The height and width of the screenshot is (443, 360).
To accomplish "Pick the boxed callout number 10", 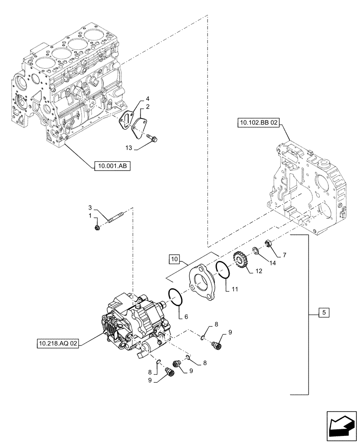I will [x=174, y=258].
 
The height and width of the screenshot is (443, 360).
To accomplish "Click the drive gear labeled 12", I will [x=240, y=261].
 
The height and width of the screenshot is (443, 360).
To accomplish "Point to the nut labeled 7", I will [x=268, y=244].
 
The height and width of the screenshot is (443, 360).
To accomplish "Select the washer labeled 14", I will [x=256, y=251].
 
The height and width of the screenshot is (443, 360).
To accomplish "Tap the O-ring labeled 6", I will [x=176, y=296].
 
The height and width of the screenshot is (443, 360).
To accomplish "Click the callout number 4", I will [x=148, y=98].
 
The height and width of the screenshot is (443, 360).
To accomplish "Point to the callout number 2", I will [x=148, y=107].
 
